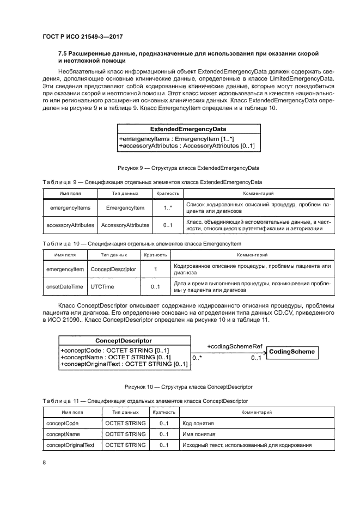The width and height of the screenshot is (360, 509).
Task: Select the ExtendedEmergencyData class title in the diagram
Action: coord(188,130)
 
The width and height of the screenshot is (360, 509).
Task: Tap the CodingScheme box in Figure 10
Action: coord(292,352)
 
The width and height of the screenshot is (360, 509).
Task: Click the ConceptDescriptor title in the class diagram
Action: coord(123,340)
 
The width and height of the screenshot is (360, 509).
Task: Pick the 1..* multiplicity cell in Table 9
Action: coord(168,207)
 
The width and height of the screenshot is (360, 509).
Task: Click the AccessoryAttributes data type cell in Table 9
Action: coord(125,225)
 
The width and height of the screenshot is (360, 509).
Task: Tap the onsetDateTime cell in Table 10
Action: coord(64,286)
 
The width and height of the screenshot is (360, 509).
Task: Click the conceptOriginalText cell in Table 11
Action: coord(71,445)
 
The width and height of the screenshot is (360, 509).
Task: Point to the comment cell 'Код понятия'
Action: coord(198,423)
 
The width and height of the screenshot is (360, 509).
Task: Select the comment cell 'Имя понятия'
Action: coord(199,434)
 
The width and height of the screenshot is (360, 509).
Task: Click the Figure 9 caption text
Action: coord(188,168)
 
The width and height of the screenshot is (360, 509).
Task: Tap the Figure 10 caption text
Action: coord(188,387)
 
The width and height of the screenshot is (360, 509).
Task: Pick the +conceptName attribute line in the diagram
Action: coord(115,357)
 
